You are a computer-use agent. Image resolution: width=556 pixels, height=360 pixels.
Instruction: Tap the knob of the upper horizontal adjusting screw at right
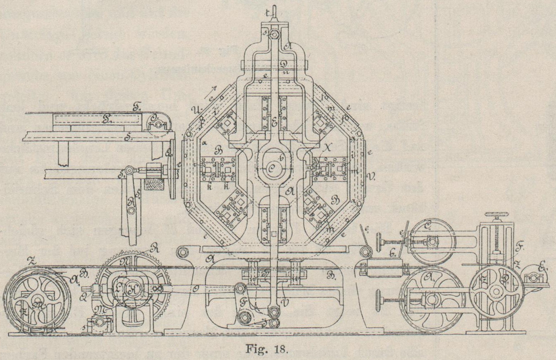tap(379, 240)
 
